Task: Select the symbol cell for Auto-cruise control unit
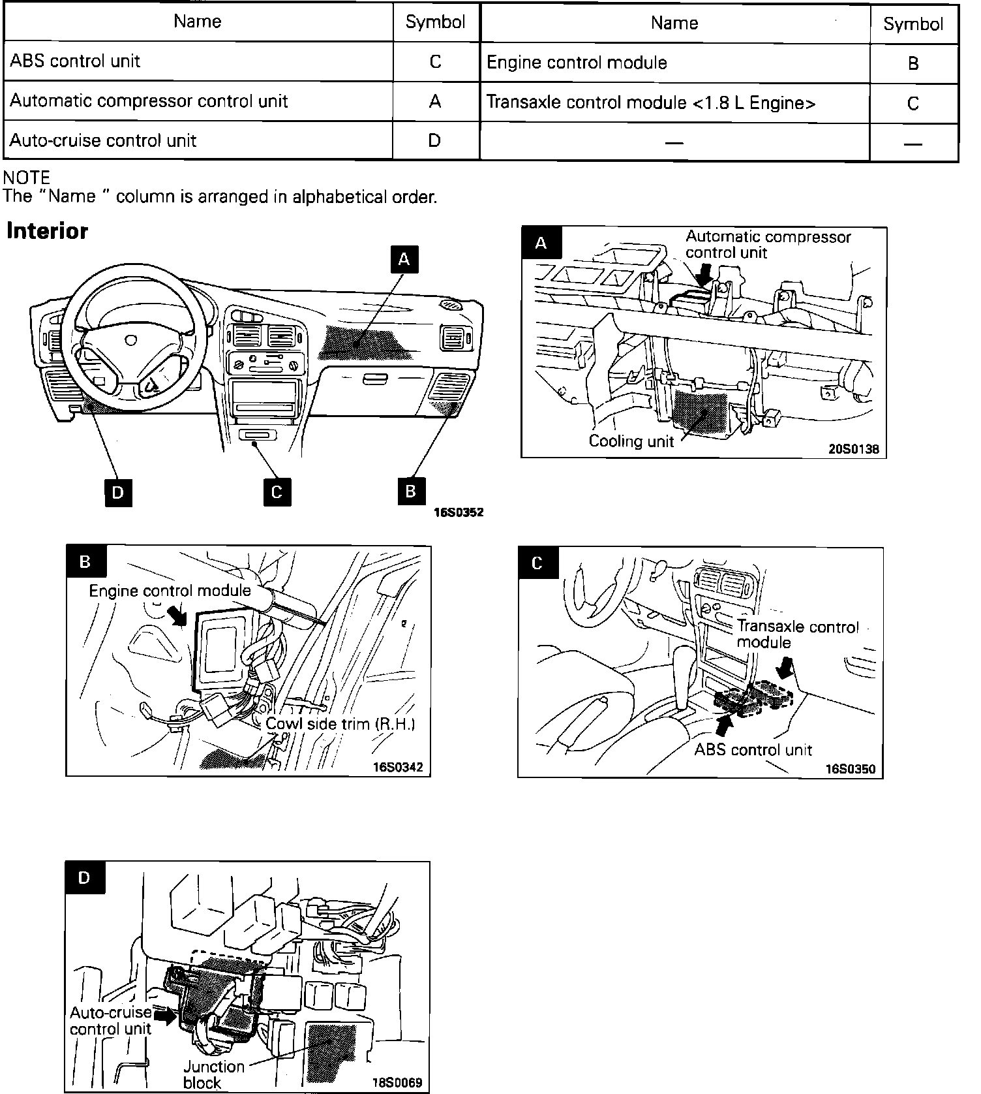[435, 140]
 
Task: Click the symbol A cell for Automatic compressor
[435, 101]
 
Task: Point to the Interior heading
[47, 231]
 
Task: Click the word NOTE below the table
[26, 178]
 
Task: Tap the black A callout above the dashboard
[404, 259]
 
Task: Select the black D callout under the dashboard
[118, 492]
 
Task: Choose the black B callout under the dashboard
[411, 491]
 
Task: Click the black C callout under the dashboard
[277, 492]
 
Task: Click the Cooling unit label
[631, 441]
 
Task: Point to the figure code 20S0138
[853, 449]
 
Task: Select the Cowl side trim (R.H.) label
[340, 724]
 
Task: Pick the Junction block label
[213, 1074]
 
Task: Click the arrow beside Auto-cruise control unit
[166, 1016]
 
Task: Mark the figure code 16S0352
[459, 512]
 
